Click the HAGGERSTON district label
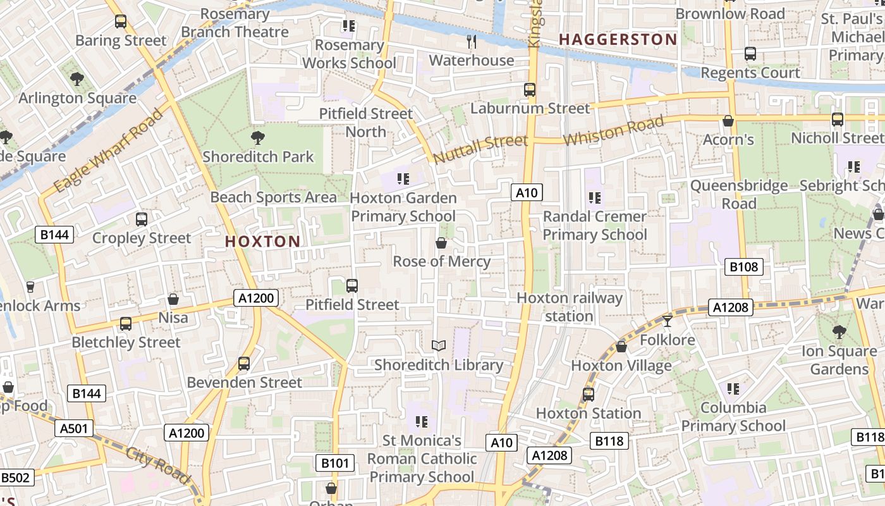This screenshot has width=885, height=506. pos(618,39)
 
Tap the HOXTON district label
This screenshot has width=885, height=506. pos(262,241)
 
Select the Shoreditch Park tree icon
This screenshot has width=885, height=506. pos(257,137)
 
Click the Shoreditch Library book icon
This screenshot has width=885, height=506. pos(439,345)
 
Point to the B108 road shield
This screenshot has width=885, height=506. pos(743,267)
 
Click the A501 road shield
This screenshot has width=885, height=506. pos(74,428)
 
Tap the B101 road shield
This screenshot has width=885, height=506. pos(334,463)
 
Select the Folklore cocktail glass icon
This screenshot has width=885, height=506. pos(667,321)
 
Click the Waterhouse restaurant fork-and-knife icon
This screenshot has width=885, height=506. pos(471,42)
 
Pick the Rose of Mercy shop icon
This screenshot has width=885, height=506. pos(441,243)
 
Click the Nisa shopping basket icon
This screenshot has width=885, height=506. pos(173,299)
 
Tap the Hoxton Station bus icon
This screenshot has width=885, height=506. pos(589,394)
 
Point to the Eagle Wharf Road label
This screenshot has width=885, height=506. pos(107,152)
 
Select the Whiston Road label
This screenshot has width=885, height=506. pos(613,131)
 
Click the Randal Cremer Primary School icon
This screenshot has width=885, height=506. pos(594,198)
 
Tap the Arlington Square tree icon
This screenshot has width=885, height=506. pos(77,79)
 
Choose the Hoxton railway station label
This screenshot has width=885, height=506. pos(570,307)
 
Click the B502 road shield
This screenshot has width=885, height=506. pos(16,478)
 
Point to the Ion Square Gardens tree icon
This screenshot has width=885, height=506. pos(839,331)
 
